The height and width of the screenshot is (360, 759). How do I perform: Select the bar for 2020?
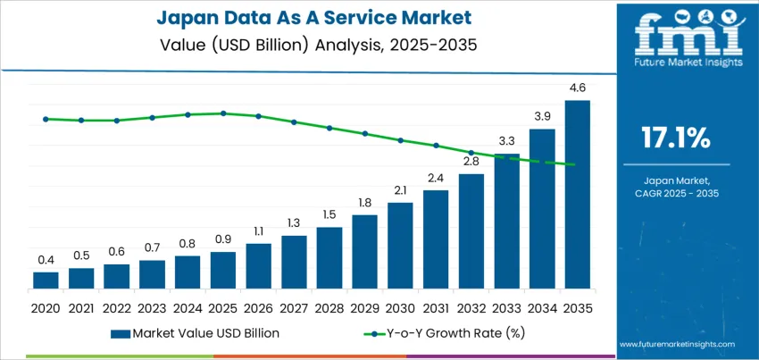pos(46,280)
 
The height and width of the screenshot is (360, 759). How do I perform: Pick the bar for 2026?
pos(258,266)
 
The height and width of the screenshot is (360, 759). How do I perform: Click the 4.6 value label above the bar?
pos(577,88)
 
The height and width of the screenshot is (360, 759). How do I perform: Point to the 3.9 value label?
pos(542,117)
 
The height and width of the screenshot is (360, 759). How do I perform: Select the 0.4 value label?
pos(46,260)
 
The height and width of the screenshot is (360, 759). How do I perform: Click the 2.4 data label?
pos(436,178)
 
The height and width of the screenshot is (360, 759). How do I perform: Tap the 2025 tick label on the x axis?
pos(222,306)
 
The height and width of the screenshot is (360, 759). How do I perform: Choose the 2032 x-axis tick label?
pos(471,306)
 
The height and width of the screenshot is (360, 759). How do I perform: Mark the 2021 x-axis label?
pos(81,306)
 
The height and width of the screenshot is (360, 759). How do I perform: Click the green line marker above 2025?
pos(223,113)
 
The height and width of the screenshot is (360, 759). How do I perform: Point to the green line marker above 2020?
pos(46,119)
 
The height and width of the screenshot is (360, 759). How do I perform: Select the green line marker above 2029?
pos(364,133)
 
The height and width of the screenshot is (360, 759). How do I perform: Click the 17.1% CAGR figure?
pos(675,138)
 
